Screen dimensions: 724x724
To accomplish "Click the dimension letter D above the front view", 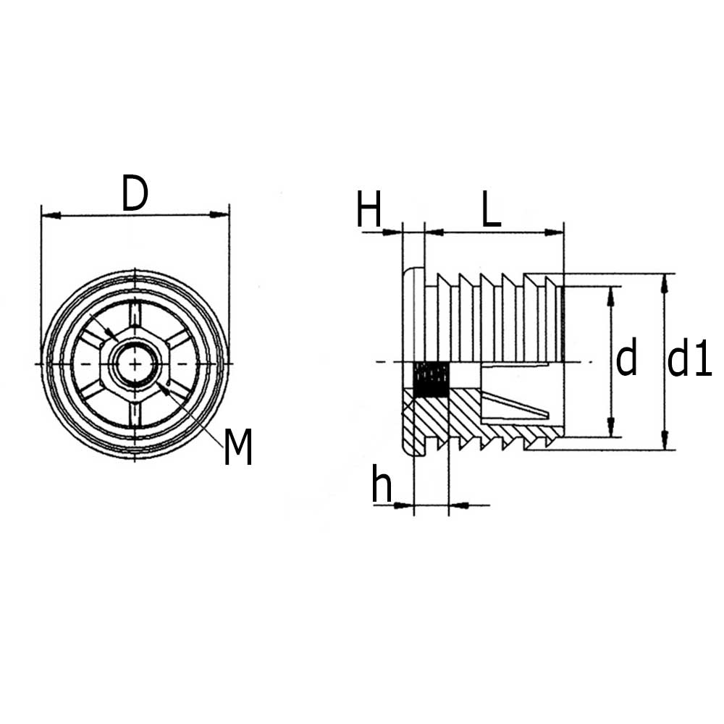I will [135, 194].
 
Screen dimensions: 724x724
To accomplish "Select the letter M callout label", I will [237, 447].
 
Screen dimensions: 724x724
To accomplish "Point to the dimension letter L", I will [491, 211].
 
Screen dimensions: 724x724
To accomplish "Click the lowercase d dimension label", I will [626, 360].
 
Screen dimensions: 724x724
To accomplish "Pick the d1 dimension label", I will [689, 360].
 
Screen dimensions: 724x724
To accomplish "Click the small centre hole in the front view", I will [135, 363].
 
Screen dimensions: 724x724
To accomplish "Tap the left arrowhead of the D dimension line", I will [51, 215].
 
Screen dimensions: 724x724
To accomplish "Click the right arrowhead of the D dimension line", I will [219, 214].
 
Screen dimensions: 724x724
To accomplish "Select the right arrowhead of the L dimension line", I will [555, 232].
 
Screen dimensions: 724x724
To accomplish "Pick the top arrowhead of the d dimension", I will [611, 295].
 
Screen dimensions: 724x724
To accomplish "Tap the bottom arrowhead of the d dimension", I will [611, 429].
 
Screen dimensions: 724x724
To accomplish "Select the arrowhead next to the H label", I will [392, 232].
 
